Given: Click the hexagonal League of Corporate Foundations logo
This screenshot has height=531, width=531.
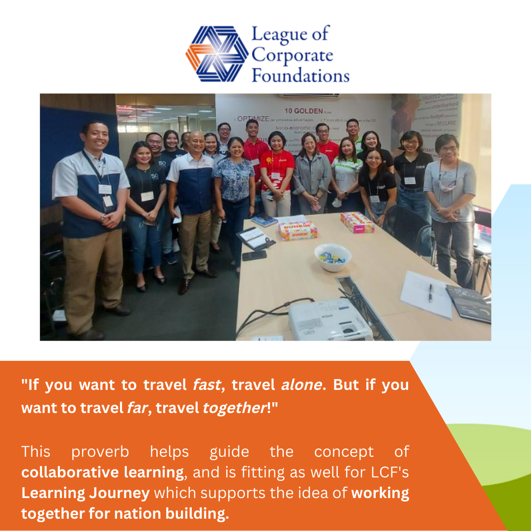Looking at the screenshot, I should pyautogui.click(x=217, y=54).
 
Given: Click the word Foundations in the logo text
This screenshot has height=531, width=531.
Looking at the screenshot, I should pyautogui.click(x=300, y=76).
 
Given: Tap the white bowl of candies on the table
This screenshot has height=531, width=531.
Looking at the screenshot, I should pyautogui.click(x=333, y=256).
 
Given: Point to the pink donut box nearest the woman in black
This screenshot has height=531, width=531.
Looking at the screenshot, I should pyautogui.click(x=357, y=223).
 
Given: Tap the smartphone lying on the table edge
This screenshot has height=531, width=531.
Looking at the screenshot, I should pyautogui.click(x=254, y=255).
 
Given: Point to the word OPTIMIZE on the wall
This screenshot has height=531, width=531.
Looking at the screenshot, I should pyautogui.click(x=253, y=119).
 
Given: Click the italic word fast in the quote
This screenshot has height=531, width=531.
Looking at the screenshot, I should pyautogui.click(x=206, y=385).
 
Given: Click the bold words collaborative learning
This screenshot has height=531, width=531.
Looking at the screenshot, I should pyautogui.click(x=102, y=472).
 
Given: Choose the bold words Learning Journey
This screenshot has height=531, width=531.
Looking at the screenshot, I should pyautogui.click(x=85, y=493).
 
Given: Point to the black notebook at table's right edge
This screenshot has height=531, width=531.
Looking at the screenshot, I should pyautogui.click(x=469, y=303).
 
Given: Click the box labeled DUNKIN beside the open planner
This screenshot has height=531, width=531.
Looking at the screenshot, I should pyautogui.click(x=298, y=230).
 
